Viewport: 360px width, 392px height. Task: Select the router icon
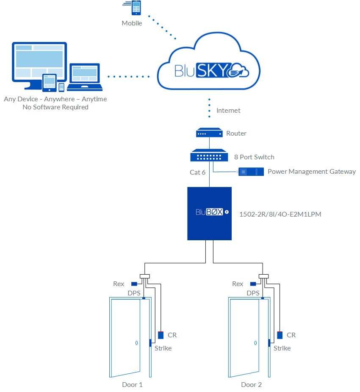tap(209, 133)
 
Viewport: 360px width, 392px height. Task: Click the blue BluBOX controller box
tap(210, 213)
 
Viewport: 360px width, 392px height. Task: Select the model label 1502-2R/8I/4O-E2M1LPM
tap(280, 214)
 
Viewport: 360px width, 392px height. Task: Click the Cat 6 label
tap(197, 172)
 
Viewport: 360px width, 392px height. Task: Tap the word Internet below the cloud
tap(228, 110)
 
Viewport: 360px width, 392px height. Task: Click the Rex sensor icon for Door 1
tap(134, 284)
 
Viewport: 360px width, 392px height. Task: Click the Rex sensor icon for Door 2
tap(253, 284)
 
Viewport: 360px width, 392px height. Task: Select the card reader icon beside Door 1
tap(161, 335)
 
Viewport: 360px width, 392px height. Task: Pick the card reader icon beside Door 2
tap(280, 335)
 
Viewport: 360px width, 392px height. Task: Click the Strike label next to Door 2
tap(282, 348)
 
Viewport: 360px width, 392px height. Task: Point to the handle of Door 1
tap(136, 343)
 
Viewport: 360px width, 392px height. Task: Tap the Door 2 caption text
tap(251, 384)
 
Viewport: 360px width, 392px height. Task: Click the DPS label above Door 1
tap(134, 293)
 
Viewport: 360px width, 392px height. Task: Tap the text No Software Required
tap(55, 107)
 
